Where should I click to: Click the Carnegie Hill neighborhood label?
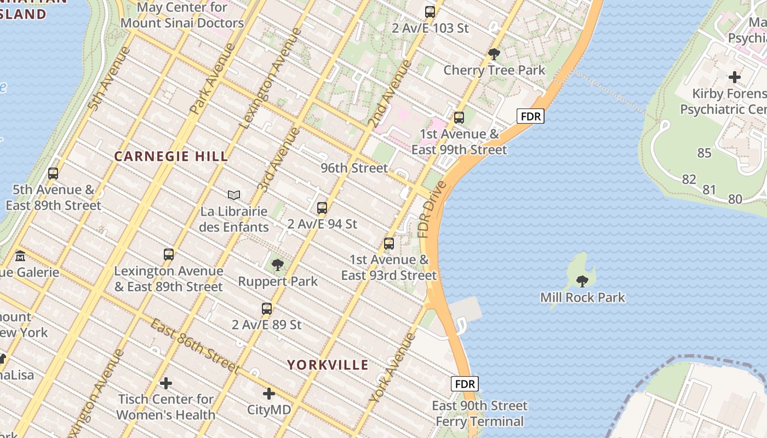tap(171, 157)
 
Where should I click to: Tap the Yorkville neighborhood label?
tap(328, 365)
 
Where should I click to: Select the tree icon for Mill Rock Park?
tap(582, 281)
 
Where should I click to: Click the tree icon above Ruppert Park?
tap(278, 266)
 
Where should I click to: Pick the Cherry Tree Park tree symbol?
tap(494, 54)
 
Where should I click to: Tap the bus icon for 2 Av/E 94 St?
tap(322, 208)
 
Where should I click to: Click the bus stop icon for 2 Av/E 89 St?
tap(267, 309)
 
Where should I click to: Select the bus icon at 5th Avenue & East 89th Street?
tap(53, 174)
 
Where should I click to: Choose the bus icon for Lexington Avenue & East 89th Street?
tap(169, 255)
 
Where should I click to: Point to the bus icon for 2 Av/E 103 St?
tap(430, 11)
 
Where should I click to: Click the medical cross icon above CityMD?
tap(269, 394)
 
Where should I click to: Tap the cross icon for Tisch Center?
tap(166, 383)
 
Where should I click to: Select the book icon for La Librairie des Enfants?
tap(234, 195)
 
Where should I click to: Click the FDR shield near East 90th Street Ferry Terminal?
tap(465, 383)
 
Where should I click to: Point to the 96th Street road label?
tap(354, 168)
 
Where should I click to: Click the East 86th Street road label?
tap(195, 347)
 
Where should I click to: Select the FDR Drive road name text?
tap(432, 210)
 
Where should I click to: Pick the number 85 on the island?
tap(704, 153)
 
